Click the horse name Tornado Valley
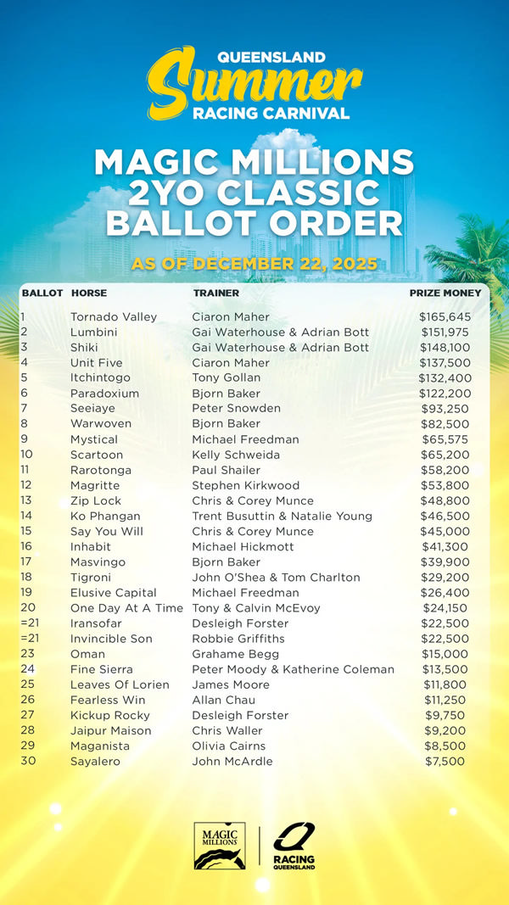[x=114, y=317]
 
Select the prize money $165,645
[x=445, y=317]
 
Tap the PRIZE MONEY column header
[x=445, y=293]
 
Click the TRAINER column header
[x=216, y=293]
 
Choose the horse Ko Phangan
[x=105, y=516]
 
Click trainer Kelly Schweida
[x=235, y=455]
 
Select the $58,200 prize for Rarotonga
[x=445, y=470]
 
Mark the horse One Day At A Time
[x=126, y=607]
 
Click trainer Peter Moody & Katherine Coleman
[x=293, y=669]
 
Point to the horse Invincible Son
[x=112, y=639]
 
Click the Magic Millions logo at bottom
[x=220, y=846]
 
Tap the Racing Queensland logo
[x=294, y=846]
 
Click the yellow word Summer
[x=255, y=82]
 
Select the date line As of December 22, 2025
[x=255, y=264]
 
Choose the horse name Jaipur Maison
[x=111, y=730]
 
